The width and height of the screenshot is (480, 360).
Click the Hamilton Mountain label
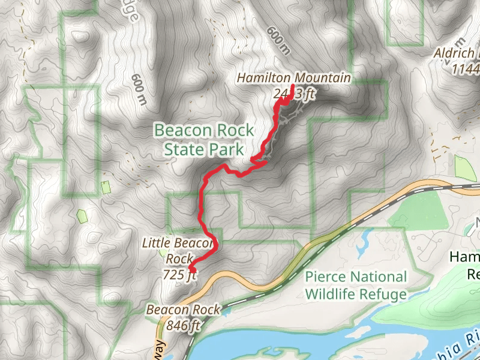pyautogui.click(x=293, y=78)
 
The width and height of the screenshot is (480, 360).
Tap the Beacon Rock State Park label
pyautogui.click(x=204, y=140)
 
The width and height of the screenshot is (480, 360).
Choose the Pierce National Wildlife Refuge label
pyautogui.click(x=356, y=286)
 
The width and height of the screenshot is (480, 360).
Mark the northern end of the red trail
pyautogui.click(x=292, y=87)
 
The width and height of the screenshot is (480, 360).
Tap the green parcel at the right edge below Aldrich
pyautogui.click(x=465, y=168)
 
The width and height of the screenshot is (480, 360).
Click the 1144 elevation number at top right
pyautogui.click(x=466, y=69)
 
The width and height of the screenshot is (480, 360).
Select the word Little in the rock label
pyautogui.click(x=158, y=244)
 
